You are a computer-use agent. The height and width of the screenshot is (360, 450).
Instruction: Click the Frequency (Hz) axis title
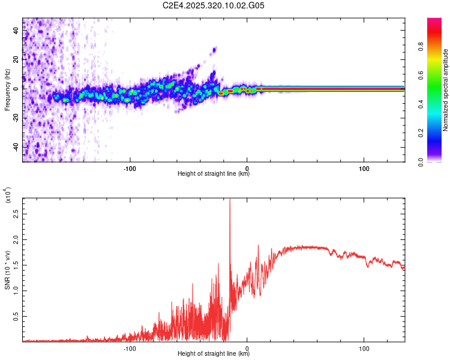tap(7, 90)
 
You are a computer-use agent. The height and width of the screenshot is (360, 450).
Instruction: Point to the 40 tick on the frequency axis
tap(16, 31)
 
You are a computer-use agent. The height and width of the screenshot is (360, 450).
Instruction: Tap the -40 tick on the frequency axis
tap(16, 147)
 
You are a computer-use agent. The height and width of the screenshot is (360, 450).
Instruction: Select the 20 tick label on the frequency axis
tap(16, 60)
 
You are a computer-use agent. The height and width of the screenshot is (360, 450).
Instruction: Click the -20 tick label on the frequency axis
tap(16, 118)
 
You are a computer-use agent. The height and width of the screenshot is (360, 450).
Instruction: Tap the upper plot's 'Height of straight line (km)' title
tap(214, 174)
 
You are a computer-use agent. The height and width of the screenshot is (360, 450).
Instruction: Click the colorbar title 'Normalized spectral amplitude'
tap(446, 90)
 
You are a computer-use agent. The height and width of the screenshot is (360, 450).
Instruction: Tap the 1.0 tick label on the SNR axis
tap(16, 290)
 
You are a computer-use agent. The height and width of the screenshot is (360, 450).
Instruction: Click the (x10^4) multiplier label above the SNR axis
tap(8, 196)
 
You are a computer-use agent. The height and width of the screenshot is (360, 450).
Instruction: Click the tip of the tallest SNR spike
tap(230, 200)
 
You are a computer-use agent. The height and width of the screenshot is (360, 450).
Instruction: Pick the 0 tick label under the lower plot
tap(248, 347)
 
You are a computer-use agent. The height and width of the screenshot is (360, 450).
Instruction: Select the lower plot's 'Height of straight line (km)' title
tap(214, 354)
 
